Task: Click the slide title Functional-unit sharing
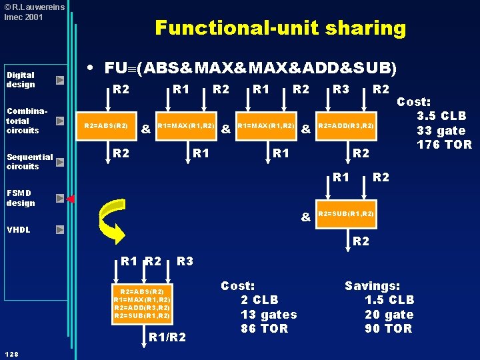[281, 28]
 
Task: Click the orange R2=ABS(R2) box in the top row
[106, 126]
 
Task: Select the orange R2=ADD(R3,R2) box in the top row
[346, 126]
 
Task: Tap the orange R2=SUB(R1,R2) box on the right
[346, 214]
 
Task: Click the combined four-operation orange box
[143, 304]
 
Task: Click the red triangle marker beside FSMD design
[71, 199]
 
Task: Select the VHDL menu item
[19, 229]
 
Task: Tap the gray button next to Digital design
[60, 80]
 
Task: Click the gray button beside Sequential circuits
[60, 162]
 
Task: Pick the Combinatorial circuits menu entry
[26, 121]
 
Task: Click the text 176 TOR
[444, 145]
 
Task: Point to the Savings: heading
[372, 285]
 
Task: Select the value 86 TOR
[264, 329]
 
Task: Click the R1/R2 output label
[167, 337]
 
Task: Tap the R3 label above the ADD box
[341, 89]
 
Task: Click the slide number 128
[11, 354]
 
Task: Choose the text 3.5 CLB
[441, 116]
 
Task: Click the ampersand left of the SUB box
[306, 217]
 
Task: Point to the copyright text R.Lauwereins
[35, 7]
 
